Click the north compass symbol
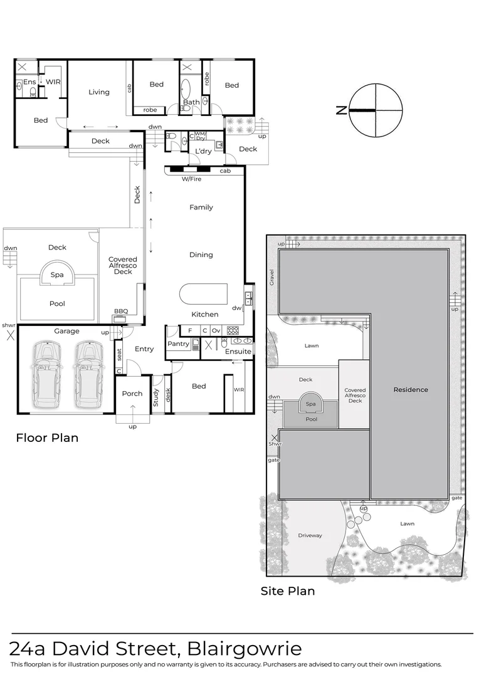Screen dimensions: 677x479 (x=375, y=110)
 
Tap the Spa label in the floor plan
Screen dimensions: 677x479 (x=57, y=275)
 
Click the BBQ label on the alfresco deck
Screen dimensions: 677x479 (x=120, y=311)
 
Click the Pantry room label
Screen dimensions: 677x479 (x=179, y=344)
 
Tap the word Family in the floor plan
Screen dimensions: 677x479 (x=201, y=207)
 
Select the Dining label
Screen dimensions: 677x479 (x=201, y=255)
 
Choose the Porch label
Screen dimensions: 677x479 (x=132, y=394)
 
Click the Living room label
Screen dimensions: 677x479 (x=99, y=92)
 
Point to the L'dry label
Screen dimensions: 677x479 (x=203, y=152)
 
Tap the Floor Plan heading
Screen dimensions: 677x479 (x=47, y=438)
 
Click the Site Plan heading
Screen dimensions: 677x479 (x=288, y=591)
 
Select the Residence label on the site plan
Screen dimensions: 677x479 (x=411, y=390)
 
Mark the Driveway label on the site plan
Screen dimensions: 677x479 (x=310, y=535)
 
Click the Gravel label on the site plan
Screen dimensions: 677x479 (x=273, y=276)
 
